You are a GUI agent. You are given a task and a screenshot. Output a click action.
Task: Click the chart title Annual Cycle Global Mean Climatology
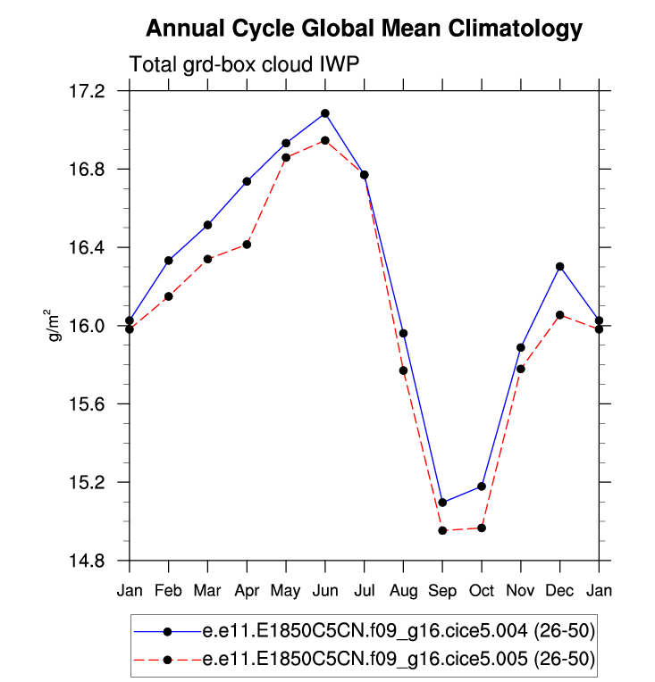(x=364, y=29)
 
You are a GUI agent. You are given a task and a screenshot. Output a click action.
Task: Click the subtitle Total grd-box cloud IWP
(x=244, y=65)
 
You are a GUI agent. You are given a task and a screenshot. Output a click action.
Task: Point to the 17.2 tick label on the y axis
(x=87, y=92)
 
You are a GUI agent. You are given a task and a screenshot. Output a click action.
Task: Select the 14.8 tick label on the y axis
(x=87, y=561)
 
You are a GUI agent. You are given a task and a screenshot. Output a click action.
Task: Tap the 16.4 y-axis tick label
(x=87, y=248)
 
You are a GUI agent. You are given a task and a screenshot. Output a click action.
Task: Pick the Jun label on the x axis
(x=325, y=590)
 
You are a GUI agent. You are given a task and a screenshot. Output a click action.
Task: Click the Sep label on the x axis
(x=442, y=590)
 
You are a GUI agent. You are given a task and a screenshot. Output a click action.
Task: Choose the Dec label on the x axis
(x=559, y=590)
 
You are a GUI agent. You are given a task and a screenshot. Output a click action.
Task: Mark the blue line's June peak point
(x=325, y=113)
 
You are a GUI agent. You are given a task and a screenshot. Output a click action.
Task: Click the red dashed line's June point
(x=325, y=140)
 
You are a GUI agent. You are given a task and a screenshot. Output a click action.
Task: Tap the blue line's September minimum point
(x=442, y=503)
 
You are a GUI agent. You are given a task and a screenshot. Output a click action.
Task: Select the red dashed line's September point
(x=442, y=530)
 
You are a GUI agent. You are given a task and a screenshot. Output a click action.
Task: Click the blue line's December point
(x=560, y=266)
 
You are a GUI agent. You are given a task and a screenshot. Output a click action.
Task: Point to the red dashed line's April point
(x=247, y=244)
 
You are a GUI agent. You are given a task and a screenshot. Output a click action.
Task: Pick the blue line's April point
(x=247, y=181)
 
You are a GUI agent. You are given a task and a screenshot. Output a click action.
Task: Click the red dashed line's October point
(x=482, y=528)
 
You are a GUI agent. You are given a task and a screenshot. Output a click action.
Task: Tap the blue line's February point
(x=168, y=261)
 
